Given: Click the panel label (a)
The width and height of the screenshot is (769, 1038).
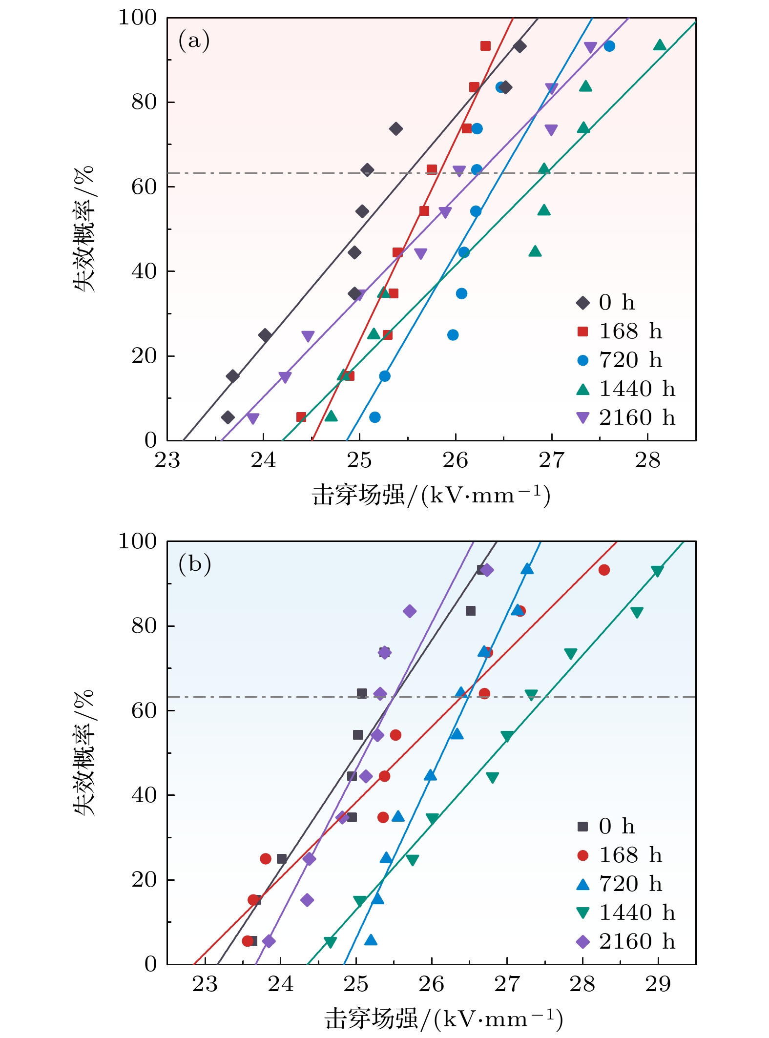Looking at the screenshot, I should click(x=194, y=41).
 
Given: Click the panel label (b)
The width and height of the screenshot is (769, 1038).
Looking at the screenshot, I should click(x=194, y=564).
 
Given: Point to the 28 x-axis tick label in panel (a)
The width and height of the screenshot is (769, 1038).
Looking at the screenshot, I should click(x=647, y=460).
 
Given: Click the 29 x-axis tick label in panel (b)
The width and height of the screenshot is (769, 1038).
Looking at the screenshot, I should click(x=658, y=984).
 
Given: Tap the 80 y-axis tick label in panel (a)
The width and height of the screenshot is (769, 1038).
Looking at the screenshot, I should click(x=144, y=102).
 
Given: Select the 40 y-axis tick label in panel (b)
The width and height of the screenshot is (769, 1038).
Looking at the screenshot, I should click(x=144, y=795).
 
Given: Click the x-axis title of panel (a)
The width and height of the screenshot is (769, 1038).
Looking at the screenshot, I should click(x=432, y=495).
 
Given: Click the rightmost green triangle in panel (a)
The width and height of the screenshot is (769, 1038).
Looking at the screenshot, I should click(x=660, y=45).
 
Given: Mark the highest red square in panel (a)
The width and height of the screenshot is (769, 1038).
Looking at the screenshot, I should click(x=485, y=46).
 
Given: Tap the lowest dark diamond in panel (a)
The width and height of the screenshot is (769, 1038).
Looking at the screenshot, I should click(x=228, y=417).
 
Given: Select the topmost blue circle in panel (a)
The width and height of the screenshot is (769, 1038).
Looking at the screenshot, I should click(x=609, y=46).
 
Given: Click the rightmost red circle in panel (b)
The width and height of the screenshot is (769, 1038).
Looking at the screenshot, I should click(x=604, y=570).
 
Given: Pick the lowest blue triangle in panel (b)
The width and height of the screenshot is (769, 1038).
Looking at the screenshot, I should click(x=371, y=940).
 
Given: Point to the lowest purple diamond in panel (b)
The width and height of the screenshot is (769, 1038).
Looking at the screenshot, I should click(x=269, y=941).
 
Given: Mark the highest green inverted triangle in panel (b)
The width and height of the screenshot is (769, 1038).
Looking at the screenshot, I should click(x=657, y=571).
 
